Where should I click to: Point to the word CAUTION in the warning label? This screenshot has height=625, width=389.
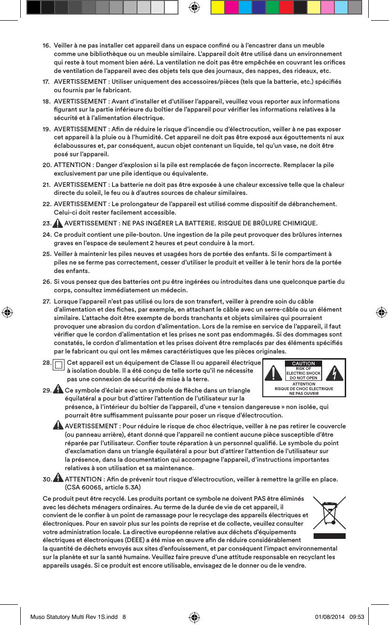coord(303,363)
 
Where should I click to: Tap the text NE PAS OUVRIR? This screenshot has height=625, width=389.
coord(304,393)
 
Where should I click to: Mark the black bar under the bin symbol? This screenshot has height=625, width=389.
coord(329,536)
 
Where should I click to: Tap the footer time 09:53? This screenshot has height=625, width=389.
coord(358,617)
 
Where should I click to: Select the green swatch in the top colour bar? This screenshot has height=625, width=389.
coord(272,8)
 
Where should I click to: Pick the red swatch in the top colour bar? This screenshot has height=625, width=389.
coord(285,8)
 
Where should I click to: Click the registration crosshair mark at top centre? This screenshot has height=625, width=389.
coord(194,7)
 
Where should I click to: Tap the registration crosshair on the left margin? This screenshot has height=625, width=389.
coord(7,312)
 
